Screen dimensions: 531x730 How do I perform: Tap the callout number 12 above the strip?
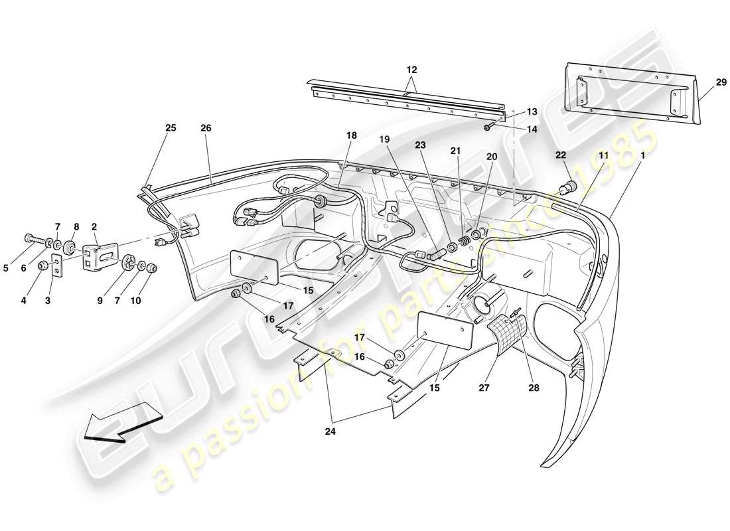point(412,69)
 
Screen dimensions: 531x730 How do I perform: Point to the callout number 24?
point(330,431)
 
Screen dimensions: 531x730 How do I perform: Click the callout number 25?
point(171,128)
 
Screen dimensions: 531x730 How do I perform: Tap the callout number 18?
point(351,135)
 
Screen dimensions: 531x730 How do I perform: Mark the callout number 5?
point(5,269)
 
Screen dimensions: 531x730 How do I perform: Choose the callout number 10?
point(135,301)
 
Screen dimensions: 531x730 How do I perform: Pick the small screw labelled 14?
point(488,127)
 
